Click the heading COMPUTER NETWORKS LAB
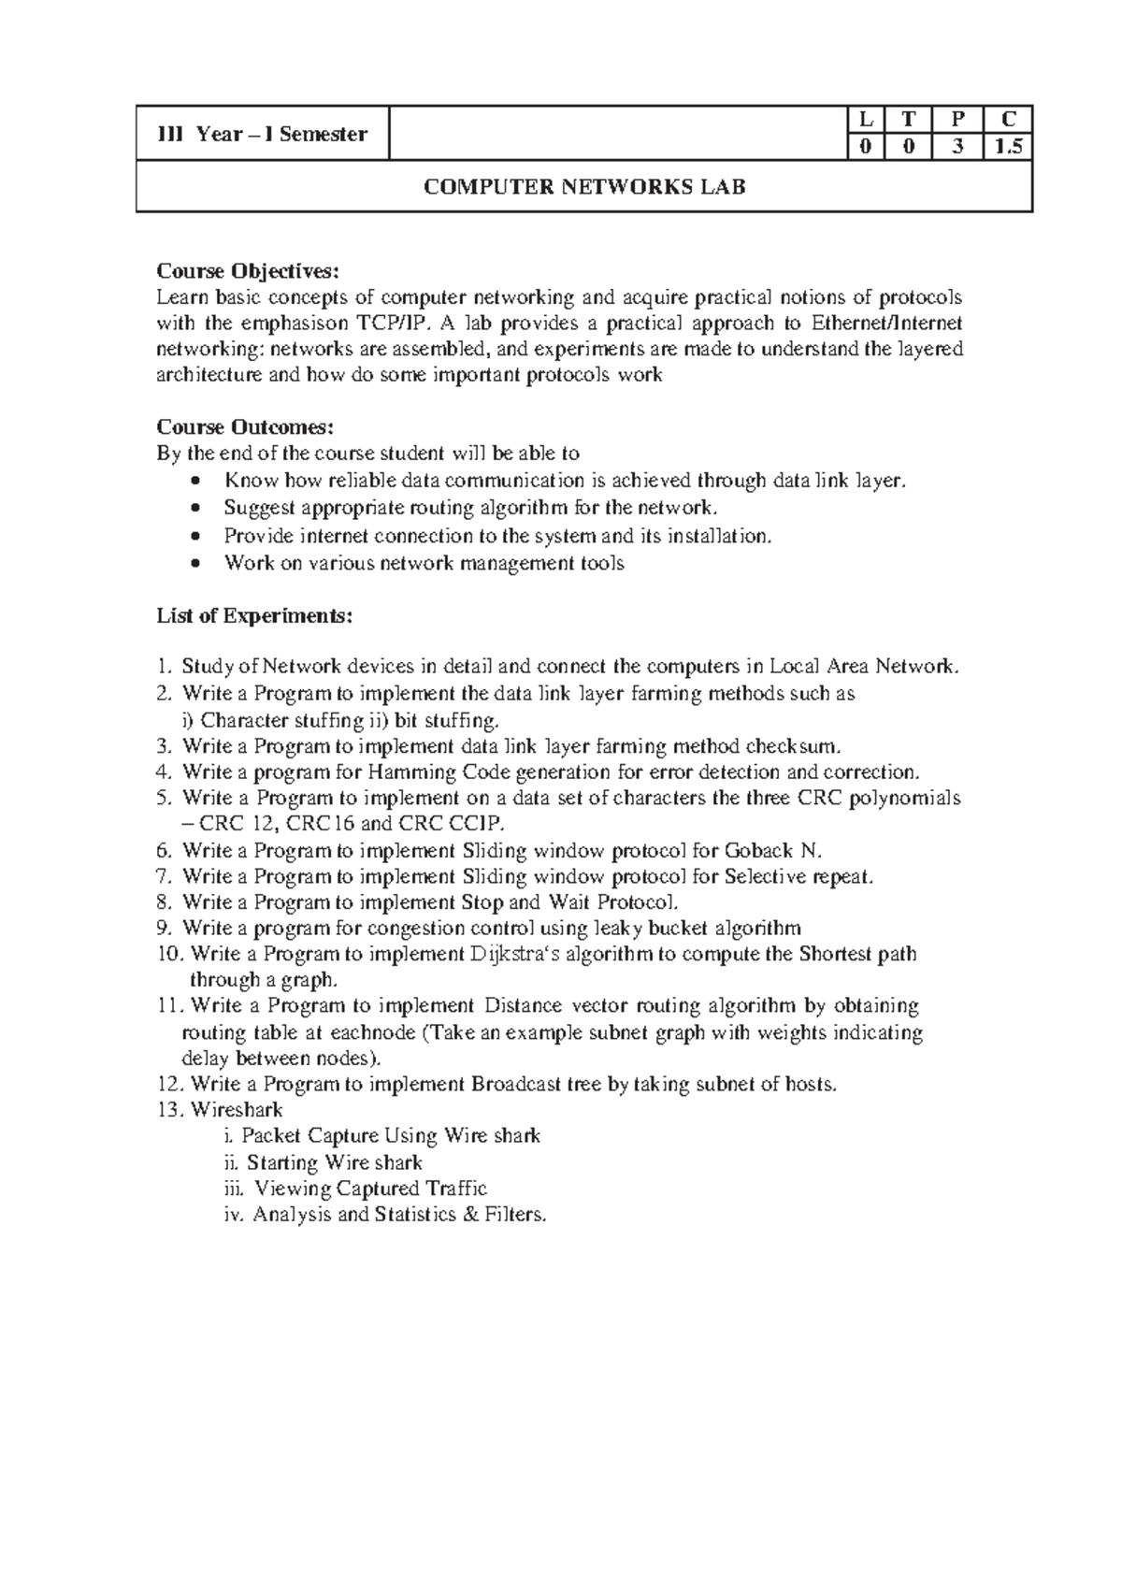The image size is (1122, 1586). click(x=584, y=187)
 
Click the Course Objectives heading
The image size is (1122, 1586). click(x=243, y=271)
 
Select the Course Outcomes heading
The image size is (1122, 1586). click(x=244, y=427)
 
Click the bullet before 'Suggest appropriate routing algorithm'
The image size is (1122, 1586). click(x=194, y=508)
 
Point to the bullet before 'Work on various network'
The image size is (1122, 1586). click(x=194, y=564)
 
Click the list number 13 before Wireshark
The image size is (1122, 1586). click(x=170, y=1110)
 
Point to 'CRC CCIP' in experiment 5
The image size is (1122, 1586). click(x=451, y=824)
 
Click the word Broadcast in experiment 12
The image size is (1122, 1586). click(x=516, y=1085)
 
